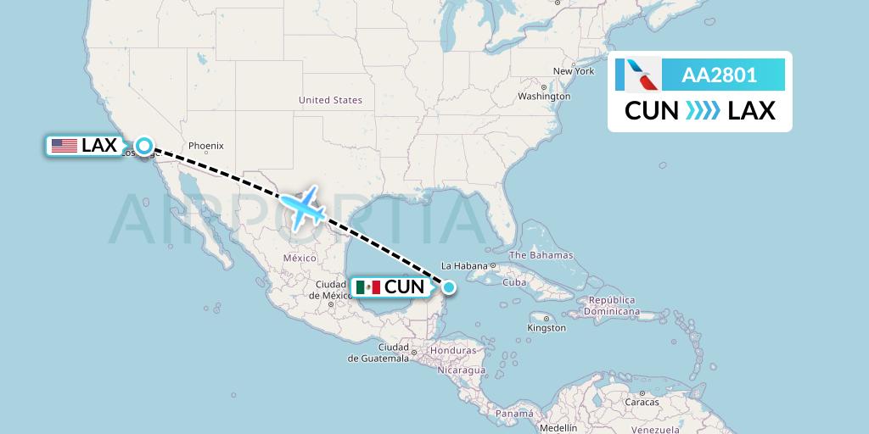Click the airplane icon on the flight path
303,206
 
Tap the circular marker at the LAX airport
144,146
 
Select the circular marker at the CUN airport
448,287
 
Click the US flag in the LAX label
64,146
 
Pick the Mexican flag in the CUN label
367,287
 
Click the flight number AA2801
719,75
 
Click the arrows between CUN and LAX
703,110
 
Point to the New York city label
574,71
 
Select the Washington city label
544,97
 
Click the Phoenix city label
205,145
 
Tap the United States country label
330,100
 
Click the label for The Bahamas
541,255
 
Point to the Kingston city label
546,327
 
